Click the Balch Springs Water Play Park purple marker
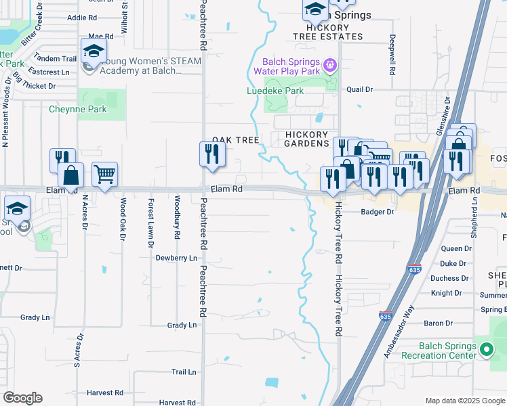tap(330, 65)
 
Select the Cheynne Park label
tap(77, 108)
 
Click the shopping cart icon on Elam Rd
tap(105, 175)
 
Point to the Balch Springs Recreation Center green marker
tap(486, 350)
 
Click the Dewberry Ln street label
tap(176, 258)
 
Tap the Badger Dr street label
tap(377, 212)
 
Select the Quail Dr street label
tap(359, 89)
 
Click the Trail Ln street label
tap(183, 371)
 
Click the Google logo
tap(22, 398)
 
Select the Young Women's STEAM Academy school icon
tap(94, 51)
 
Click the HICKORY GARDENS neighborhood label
tap(306, 139)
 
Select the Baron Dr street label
tap(438, 323)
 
